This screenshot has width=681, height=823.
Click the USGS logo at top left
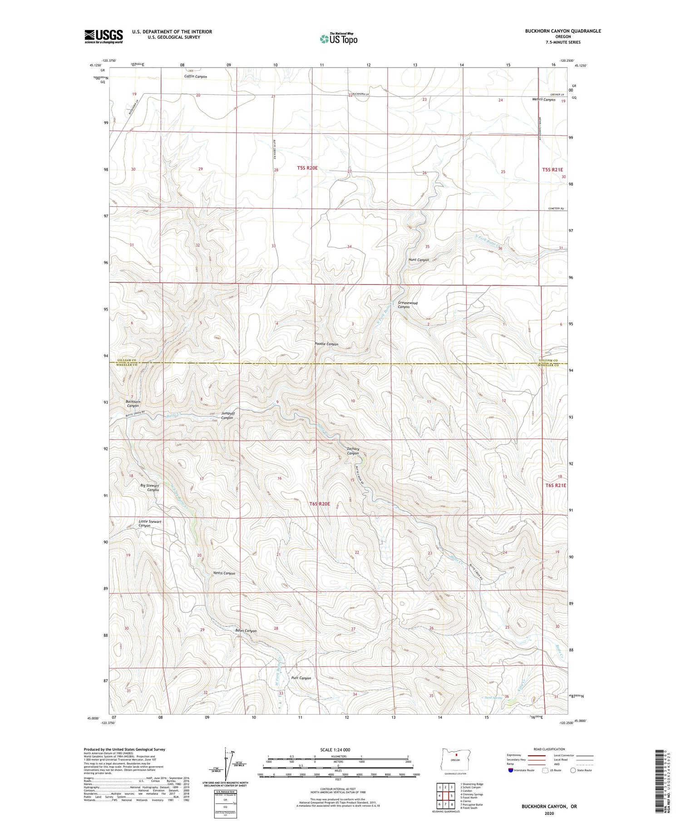coord(104,36)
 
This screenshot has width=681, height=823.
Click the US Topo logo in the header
coord(338,39)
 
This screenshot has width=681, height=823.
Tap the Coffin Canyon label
coord(196,77)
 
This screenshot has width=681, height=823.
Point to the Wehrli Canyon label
coord(543,99)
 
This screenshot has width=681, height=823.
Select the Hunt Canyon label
coord(419,260)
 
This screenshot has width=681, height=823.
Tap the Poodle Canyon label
coord(326,344)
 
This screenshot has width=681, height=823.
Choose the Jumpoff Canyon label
coord(227,415)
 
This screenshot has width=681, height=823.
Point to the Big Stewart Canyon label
coord(149,488)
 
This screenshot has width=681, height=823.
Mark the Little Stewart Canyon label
coord(150,523)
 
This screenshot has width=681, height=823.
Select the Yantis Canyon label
coord(224,573)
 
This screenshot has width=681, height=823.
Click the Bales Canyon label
coord(246,631)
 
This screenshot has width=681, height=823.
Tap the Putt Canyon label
coord(301,678)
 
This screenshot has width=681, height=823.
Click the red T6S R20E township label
coord(320,504)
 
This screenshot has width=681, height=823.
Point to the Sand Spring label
coord(493,697)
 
